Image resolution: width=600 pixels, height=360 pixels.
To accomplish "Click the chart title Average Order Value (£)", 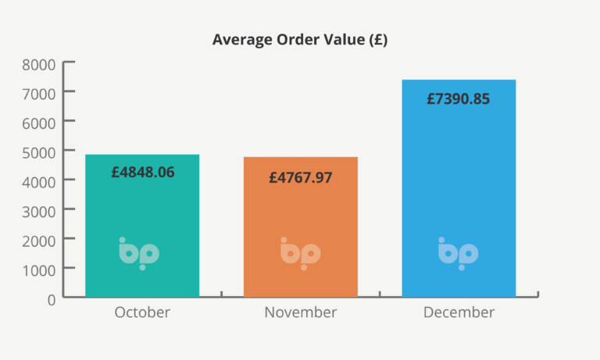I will pos(300,41).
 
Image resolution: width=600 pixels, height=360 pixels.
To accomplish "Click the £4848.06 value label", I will pos(142,172).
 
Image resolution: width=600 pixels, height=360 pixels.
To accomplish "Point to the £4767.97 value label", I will pos(301,177).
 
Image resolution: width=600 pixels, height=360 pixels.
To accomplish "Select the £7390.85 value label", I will pos(459,99).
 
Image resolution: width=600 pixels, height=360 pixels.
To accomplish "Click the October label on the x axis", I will pos(142,313).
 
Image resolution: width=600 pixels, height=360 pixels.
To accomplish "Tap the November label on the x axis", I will pos(301,313).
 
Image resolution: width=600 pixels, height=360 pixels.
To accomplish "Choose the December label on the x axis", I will pos(459,313).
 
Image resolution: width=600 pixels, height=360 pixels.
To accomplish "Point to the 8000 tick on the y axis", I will pos(39,63).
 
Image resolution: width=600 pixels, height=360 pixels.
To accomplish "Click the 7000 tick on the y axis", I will pos(39,93).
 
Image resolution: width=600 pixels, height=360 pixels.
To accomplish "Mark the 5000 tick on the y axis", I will pos(39,151).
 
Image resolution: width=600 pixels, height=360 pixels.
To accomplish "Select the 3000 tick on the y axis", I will pos(39,210).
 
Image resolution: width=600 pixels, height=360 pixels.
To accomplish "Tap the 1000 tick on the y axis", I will pos(39,269).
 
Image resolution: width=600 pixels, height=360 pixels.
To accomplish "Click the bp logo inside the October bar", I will pos(139,253).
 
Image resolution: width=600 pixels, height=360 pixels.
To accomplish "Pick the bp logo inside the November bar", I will pos(300,253).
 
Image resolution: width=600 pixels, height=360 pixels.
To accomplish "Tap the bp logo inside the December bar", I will pos(458,253).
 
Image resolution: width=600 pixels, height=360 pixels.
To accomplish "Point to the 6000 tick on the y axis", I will pos(39,122).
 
